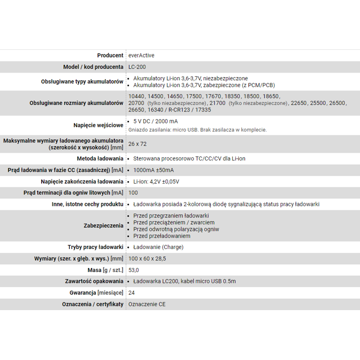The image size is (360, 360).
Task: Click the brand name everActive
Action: (x=141, y=56)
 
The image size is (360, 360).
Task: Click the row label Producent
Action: (x=110, y=56)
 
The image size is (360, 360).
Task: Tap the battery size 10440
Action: (x=136, y=96)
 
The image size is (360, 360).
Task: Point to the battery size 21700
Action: (x=218, y=103)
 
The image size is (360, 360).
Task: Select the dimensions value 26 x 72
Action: (x=137, y=144)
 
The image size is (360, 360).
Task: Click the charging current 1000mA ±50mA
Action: (x=153, y=170)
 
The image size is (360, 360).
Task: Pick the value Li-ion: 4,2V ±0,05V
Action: (x=156, y=182)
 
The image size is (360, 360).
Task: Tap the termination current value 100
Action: (x=133, y=193)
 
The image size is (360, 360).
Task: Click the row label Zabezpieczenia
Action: (x=103, y=226)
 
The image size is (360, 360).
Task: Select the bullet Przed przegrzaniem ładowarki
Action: (x=171, y=215)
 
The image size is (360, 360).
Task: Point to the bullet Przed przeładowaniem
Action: (x=161, y=236)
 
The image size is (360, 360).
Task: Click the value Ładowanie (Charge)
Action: (x=158, y=247)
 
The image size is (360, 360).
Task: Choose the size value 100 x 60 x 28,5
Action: (x=147, y=259)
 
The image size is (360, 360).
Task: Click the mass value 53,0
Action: (x=134, y=270)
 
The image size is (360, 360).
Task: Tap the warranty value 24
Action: (x=132, y=293)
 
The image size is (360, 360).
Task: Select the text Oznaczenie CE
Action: (x=147, y=304)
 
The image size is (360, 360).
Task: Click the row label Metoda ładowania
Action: (x=100, y=159)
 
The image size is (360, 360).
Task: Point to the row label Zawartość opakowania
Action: (x=94, y=281)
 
